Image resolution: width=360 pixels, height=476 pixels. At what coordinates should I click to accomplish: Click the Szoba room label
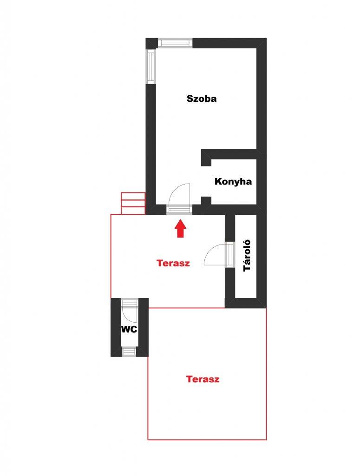click(x=202, y=99)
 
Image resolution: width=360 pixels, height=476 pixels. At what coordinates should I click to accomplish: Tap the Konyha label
click(x=233, y=182)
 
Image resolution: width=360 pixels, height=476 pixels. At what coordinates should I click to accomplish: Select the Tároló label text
click(x=247, y=255)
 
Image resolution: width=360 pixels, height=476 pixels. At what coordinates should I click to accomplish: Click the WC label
click(x=129, y=330)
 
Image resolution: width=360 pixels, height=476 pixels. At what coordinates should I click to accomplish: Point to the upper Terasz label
click(x=173, y=263)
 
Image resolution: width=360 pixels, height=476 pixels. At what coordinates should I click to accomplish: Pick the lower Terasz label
click(x=203, y=379)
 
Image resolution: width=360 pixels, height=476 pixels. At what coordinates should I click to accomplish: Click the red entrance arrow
click(x=180, y=229)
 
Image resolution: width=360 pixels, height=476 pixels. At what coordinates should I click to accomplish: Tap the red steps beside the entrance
click(x=133, y=203)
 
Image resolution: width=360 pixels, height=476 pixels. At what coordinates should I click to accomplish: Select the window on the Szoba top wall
click(x=175, y=43)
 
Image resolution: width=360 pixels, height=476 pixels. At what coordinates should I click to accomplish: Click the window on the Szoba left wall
click(x=151, y=66)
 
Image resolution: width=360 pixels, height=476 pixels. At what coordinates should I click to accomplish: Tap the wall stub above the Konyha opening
click(x=206, y=158)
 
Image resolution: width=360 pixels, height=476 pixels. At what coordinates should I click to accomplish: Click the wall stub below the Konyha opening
click(x=206, y=201)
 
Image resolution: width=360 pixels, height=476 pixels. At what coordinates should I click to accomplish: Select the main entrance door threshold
click(x=179, y=210)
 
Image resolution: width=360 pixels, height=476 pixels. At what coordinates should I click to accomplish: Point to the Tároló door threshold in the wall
click(x=230, y=254)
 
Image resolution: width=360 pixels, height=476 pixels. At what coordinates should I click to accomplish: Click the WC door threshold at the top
click(x=130, y=302)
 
